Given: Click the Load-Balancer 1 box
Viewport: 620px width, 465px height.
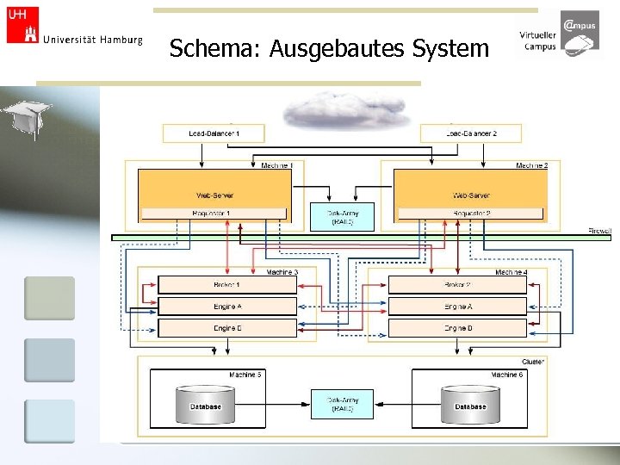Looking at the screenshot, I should coord(214,133).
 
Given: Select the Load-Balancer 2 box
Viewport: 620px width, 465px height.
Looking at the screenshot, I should coord(471,133).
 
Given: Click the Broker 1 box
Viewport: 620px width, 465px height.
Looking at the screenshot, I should coord(227,284).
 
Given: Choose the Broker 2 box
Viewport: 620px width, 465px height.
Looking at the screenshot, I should coord(457,284).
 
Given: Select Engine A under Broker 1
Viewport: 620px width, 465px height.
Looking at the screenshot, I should coord(227,306).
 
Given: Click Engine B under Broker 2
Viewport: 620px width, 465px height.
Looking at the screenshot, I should coord(457,328).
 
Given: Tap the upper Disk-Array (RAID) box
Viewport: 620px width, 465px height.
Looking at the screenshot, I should coord(342,217).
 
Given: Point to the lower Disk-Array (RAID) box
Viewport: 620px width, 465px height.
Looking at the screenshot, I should coord(342,404).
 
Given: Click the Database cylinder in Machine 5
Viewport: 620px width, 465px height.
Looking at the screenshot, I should coord(206,405).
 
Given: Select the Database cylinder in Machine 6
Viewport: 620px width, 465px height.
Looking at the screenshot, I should coord(469,405).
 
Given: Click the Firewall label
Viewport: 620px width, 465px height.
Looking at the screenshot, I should coord(599,231).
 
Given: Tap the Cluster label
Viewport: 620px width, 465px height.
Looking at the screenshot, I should coord(533,362).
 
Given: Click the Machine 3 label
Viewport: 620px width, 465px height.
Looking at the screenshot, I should coord(282,272).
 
